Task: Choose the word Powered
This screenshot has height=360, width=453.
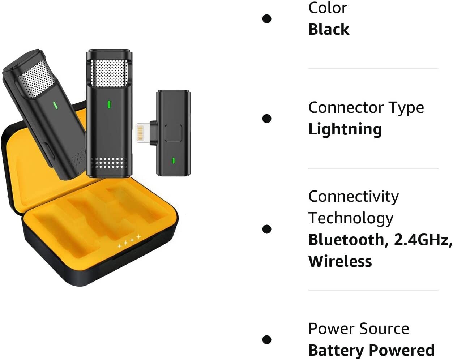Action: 402,350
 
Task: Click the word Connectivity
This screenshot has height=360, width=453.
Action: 354,197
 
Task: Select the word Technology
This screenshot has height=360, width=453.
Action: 351,218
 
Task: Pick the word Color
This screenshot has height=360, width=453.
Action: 328,8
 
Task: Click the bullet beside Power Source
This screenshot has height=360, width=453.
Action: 267,340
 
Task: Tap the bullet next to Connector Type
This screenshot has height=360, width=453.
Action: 267,118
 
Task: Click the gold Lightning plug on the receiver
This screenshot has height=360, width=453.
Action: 143,133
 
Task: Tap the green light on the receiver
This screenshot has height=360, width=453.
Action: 174,160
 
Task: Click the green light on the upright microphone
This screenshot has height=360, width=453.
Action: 109,104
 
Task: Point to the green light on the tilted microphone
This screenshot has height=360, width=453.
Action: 55,106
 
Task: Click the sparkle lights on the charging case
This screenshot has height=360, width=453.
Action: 129,241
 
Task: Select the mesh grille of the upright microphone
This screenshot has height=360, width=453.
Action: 108,73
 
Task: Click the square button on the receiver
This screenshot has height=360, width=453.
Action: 173,133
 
